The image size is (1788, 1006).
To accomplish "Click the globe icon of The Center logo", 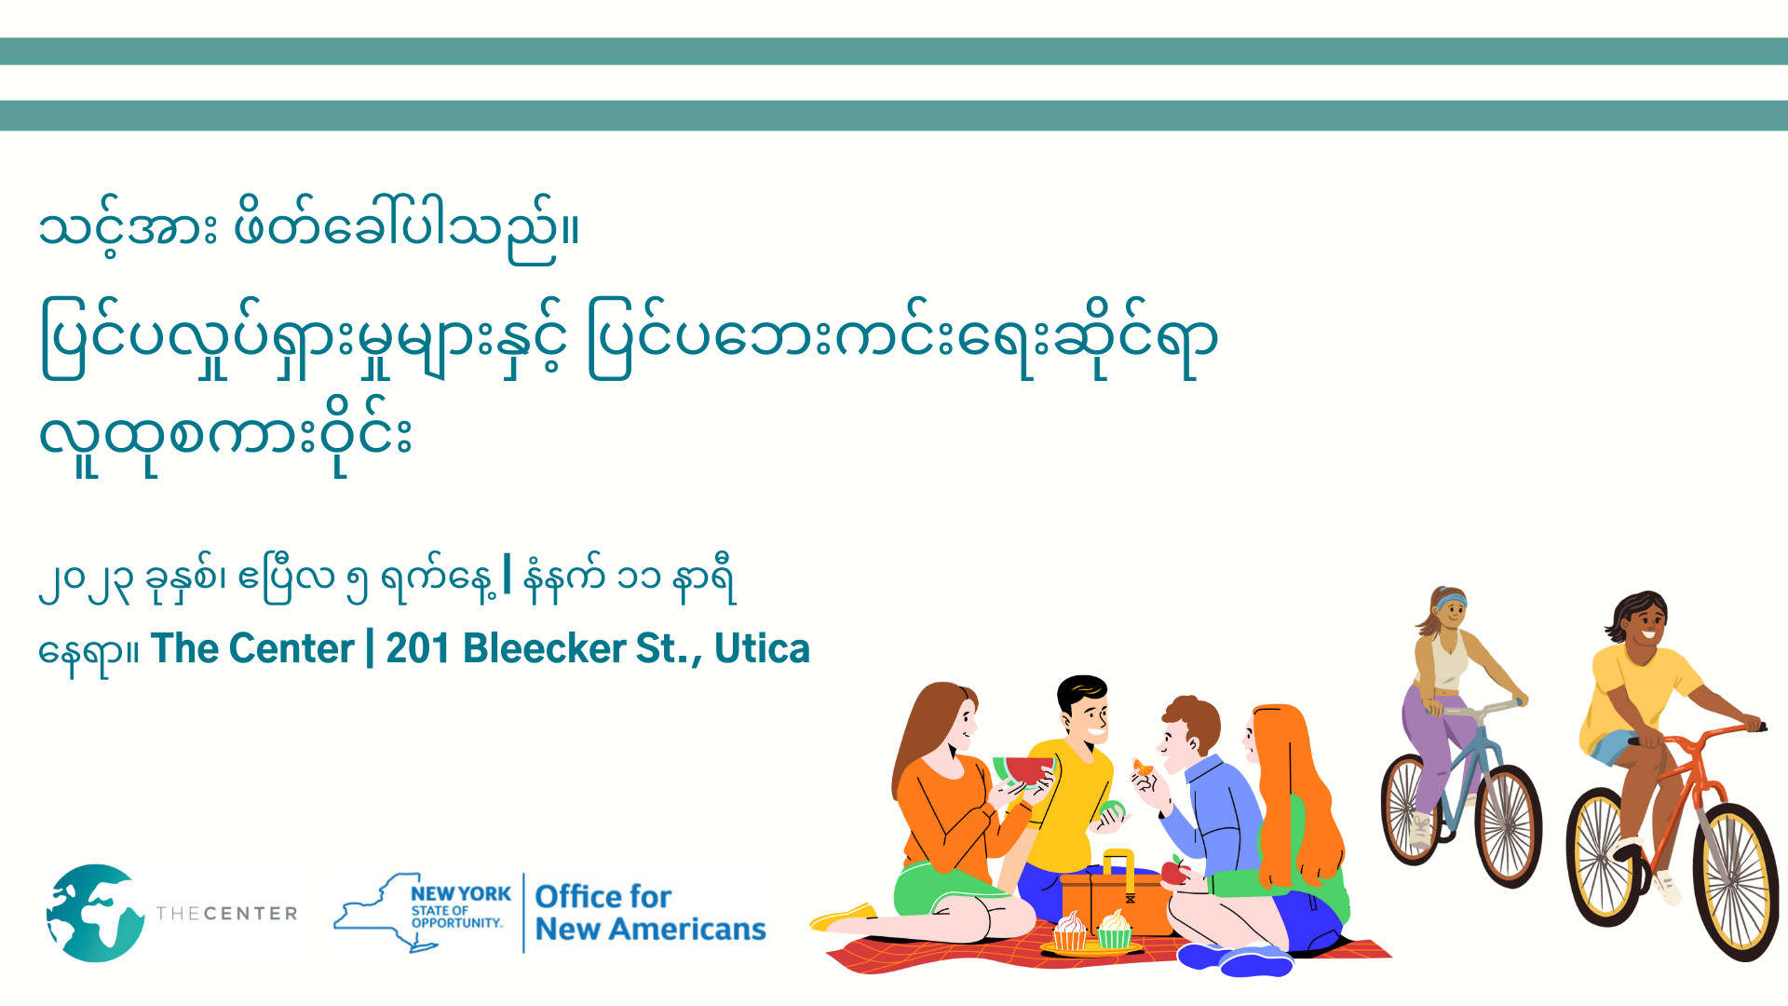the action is point(95,913).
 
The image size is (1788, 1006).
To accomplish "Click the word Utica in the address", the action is point(762,648).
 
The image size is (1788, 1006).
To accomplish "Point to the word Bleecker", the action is point(545,648).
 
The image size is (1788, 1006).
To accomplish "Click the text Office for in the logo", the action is point(603,896).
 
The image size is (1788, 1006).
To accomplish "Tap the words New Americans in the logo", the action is point(651,929).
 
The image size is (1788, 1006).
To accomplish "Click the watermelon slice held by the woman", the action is point(1024,771).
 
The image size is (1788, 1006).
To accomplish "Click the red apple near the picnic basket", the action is point(1174,871).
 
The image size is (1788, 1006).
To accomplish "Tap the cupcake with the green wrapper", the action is point(1114,929).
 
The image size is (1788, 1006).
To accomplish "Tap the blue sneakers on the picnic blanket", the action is point(1235,959).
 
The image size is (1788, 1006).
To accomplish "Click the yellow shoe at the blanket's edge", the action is point(844,917).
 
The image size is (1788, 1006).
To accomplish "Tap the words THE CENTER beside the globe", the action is point(226,913).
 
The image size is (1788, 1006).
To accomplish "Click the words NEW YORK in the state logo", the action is point(461,893).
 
